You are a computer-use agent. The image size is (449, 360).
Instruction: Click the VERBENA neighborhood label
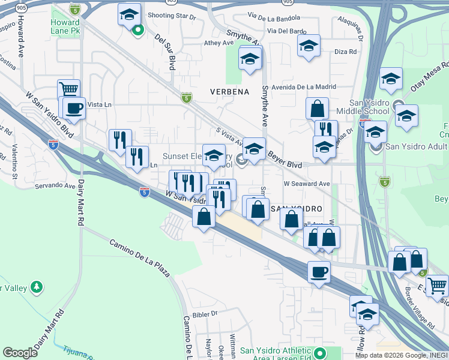[x=229, y=92]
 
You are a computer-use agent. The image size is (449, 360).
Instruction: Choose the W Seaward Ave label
[x=307, y=184]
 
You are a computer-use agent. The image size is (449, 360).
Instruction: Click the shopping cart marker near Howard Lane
[x=69, y=90]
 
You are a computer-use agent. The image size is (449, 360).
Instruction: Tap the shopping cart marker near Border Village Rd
[x=437, y=284]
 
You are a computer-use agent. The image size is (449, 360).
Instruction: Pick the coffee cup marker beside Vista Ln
[x=74, y=108]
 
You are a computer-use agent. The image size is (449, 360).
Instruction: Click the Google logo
[x=20, y=352]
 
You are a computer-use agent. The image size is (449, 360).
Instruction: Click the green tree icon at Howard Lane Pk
[x=138, y=28]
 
